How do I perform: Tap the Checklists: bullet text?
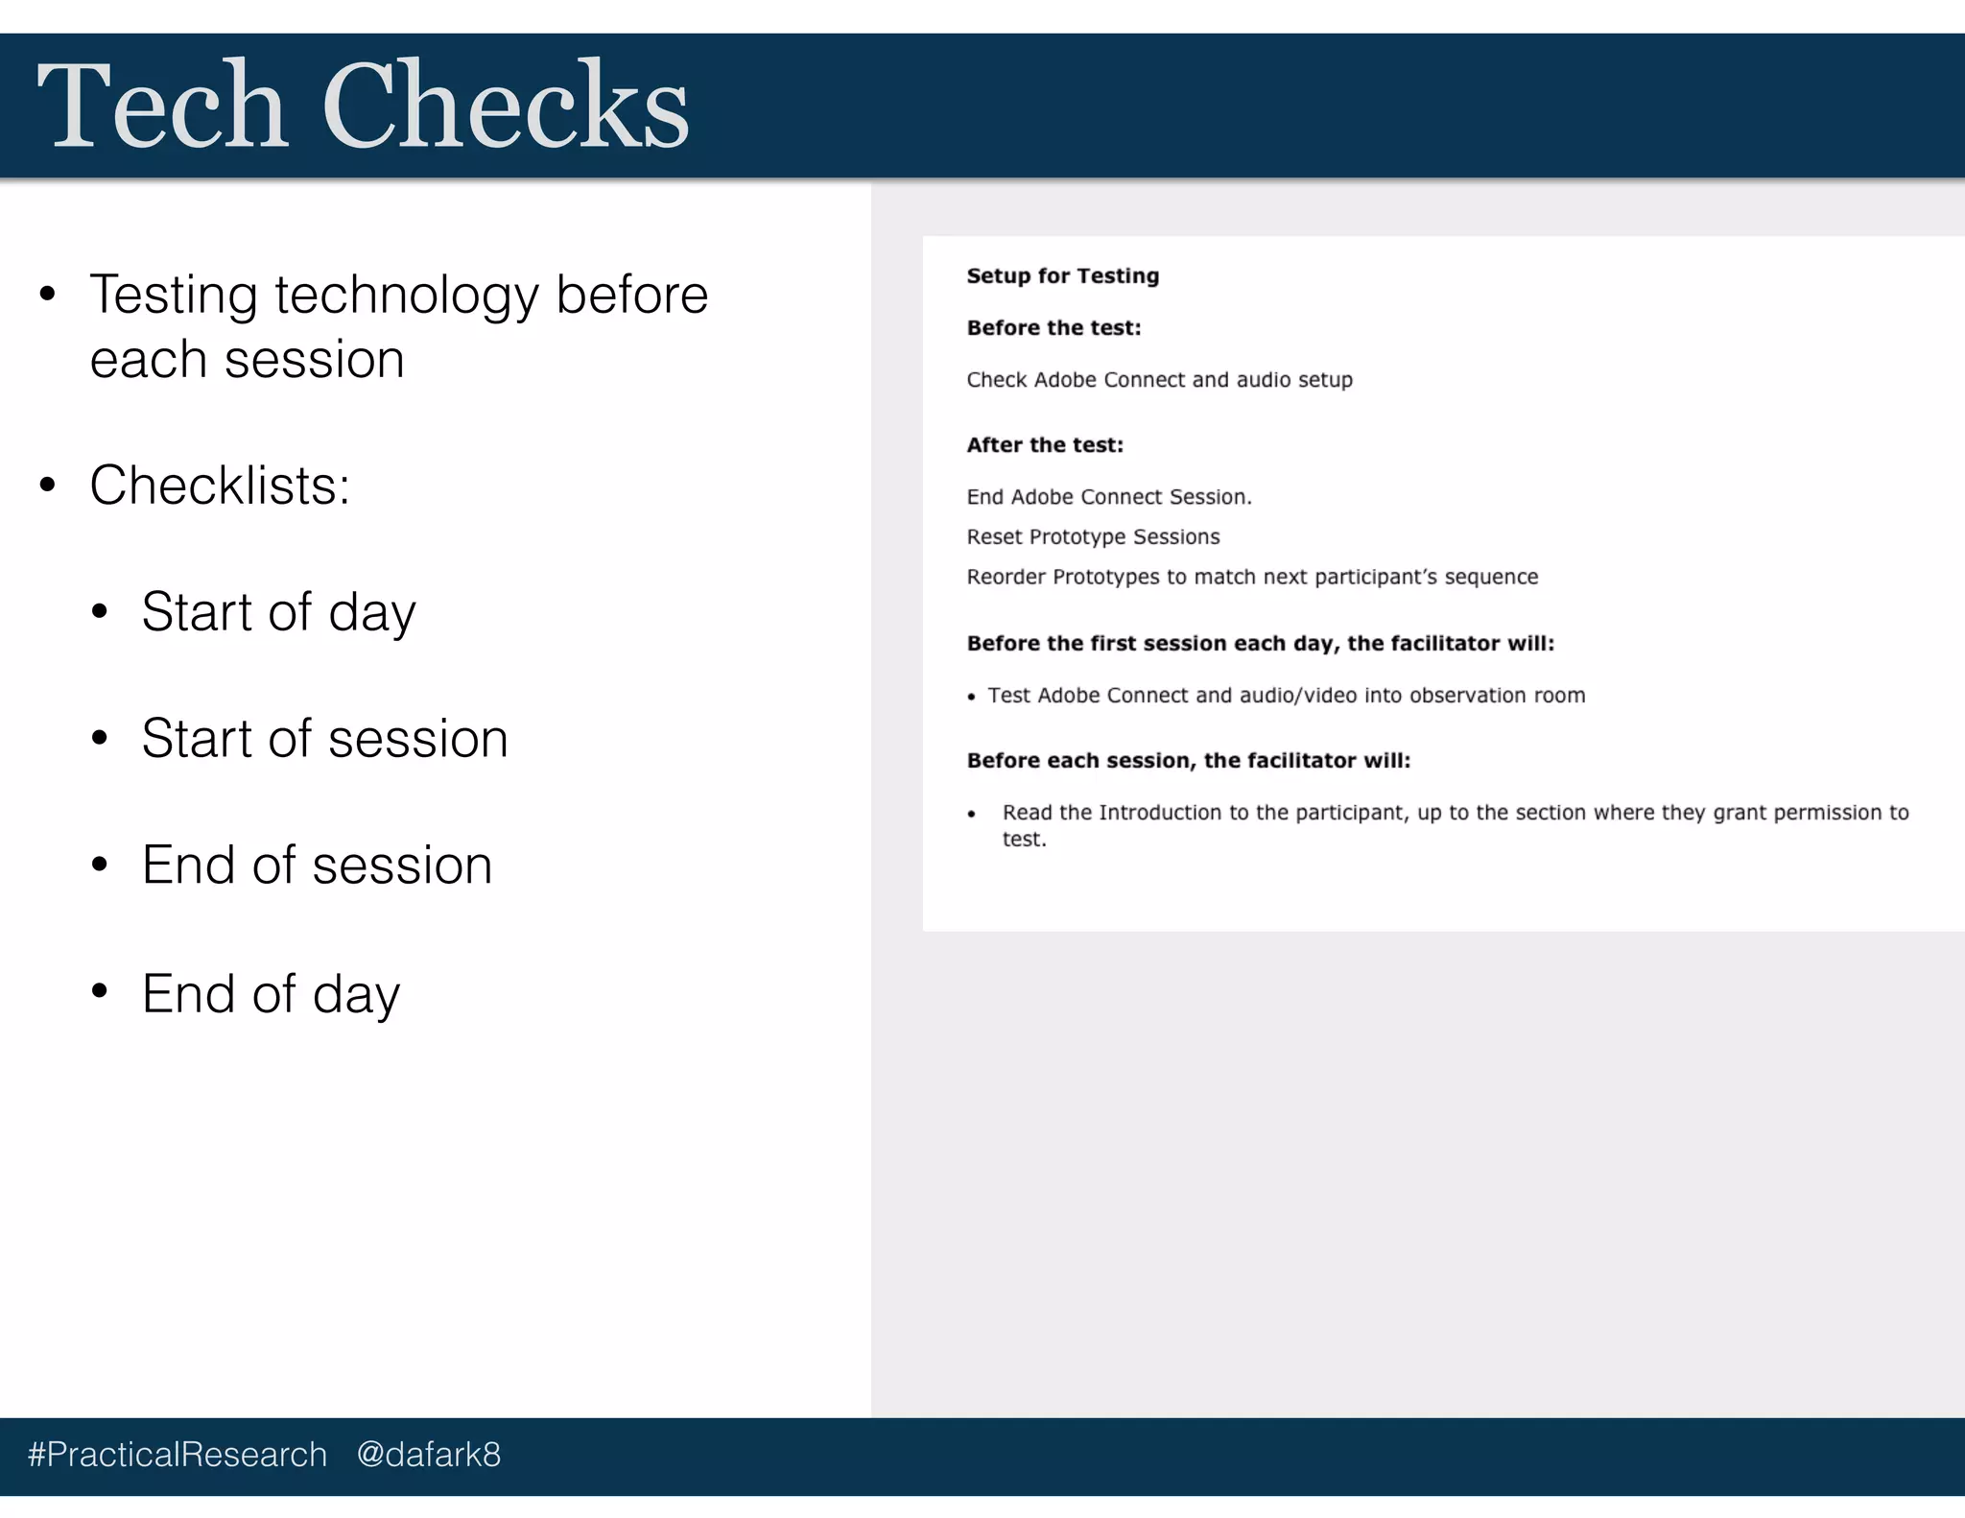tap(220, 486)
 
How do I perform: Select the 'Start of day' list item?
tap(278, 612)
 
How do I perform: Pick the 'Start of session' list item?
tap(324, 739)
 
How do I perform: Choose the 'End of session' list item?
tap(317, 866)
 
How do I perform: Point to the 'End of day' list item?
tap(271, 994)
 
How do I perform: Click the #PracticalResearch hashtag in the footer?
tap(178, 1455)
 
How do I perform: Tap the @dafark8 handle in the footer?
tap(428, 1455)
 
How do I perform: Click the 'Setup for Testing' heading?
tap(1062, 276)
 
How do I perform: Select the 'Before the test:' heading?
tap(1054, 328)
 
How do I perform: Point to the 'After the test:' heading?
tap(1044, 445)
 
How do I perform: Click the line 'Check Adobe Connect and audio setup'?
tap(1159, 380)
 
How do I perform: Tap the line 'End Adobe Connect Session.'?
tap(1109, 497)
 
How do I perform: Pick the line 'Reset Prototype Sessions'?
tap(1093, 537)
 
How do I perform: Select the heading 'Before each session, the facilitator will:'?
tap(1188, 761)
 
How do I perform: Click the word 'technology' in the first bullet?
tap(407, 296)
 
